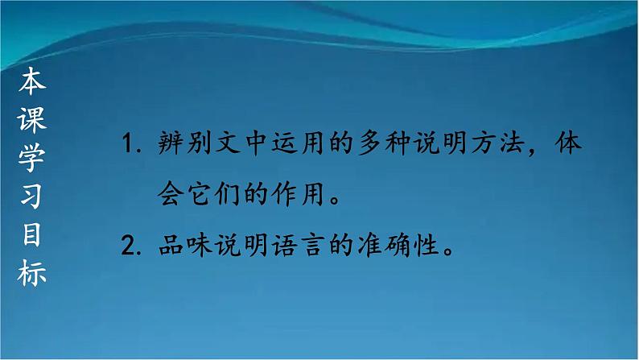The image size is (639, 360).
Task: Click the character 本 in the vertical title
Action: (x=33, y=81)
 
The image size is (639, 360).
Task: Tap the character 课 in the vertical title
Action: (x=33, y=120)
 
